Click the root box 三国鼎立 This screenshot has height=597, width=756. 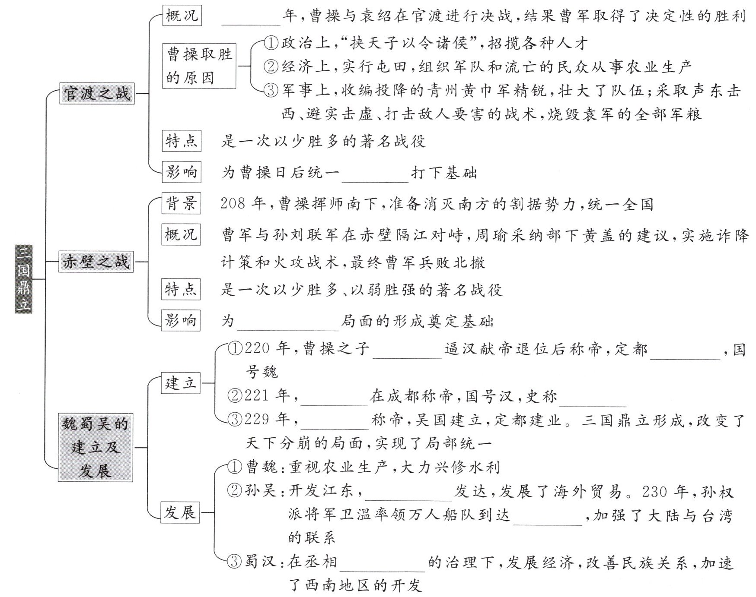[23, 279]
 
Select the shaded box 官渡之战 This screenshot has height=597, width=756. [96, 93]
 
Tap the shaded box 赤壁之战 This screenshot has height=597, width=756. [96, 261]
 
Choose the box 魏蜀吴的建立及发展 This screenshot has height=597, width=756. [96, 447]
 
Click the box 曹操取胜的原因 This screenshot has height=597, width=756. [199, 66]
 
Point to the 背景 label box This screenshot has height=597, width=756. [181, 203]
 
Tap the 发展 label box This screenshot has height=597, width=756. [180, 512]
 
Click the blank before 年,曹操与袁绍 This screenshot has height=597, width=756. [251, 19]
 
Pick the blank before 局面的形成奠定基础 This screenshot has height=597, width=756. [288, 325]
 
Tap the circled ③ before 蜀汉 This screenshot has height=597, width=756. [234, 562]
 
